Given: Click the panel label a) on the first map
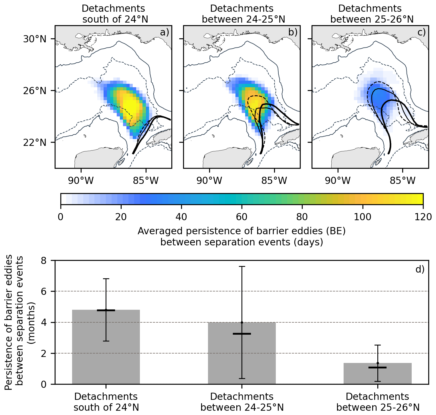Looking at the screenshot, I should click(x=165, y=32).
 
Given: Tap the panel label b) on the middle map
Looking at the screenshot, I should click(x=293, y=32).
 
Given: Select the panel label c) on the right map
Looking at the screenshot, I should click(x=421, y=32).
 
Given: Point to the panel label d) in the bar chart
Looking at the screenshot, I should click(x=420, y=269).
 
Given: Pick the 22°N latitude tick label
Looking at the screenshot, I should click(x=34, y=142).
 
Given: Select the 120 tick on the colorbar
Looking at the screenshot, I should click(x=423, y=217).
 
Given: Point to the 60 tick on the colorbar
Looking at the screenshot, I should click(x=242, y=217).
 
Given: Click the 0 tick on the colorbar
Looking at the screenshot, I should click(x=61, y=217).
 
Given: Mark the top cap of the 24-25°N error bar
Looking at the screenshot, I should click(x=242, y=266).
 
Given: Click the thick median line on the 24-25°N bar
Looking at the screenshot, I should click(x=242, y=334).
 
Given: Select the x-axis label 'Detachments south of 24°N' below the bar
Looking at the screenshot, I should click(x=106, y=402).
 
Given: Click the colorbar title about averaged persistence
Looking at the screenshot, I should click(x=242, y=237).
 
